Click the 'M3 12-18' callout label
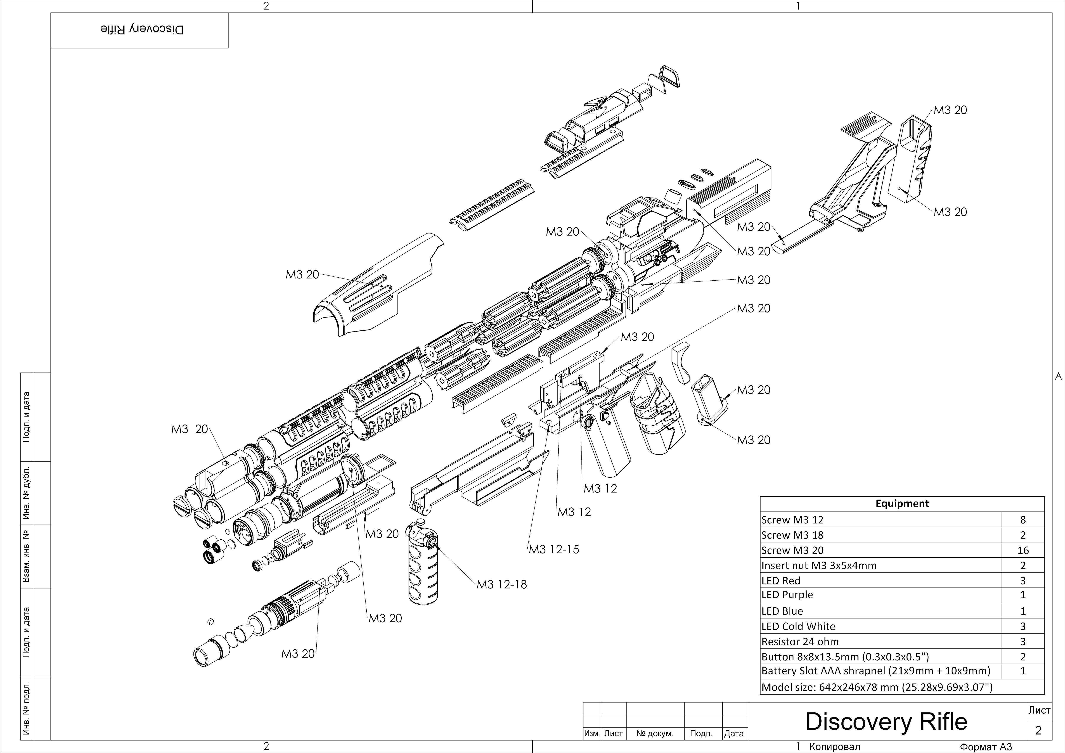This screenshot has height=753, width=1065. coord(502,585)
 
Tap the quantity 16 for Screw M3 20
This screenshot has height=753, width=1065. coord(1023,550)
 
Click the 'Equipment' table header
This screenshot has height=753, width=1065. coord(902,504)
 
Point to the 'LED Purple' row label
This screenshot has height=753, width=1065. coord(787,595)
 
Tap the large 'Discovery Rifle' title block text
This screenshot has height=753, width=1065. coord(886,721)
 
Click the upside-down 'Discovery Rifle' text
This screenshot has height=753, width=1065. coord(142,30)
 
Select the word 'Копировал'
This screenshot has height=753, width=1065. coord(835,747)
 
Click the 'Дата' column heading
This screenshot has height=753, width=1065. coord(734,734)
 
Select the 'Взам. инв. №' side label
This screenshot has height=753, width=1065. coord(27,556)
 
